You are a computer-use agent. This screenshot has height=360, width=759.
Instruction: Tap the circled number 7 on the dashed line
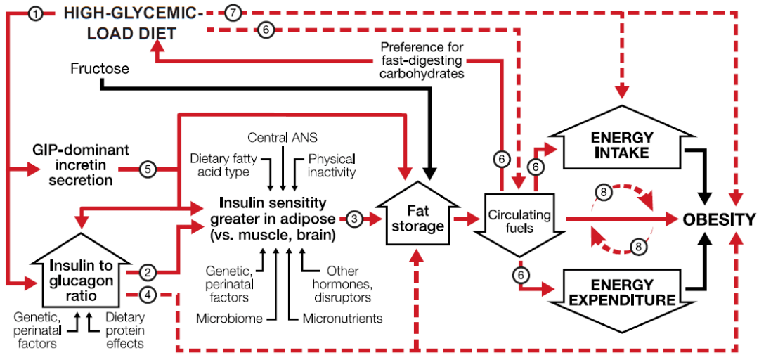pyautogui.click(x=234, y=12)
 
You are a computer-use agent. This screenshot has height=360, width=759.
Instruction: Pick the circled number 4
pyautogui.click(x=147, y=293)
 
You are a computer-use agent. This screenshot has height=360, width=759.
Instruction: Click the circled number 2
pyautogui.click(x=147, y=271)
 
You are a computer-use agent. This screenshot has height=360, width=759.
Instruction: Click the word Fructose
pyautogui.click(x=100, y=69)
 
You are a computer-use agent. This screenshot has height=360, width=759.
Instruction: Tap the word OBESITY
pyautogui.click(x=719, y=219)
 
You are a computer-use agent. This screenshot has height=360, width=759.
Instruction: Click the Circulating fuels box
pyautogui.click(x=519, y=222)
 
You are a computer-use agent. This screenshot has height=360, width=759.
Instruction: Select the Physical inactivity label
pyautogui.click(x=331, y=165)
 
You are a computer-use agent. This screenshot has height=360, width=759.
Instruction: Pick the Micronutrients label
pyautogui.click(x=342, y=319)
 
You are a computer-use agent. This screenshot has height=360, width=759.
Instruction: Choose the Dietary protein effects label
pyautogui.click(x=124, y=330)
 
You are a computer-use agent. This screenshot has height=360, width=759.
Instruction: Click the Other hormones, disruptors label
pyautogui.click(x=344, y=283)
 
